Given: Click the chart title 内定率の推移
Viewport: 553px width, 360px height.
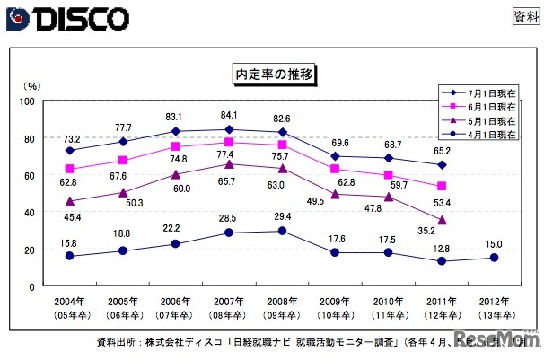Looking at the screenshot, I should click(275, 72).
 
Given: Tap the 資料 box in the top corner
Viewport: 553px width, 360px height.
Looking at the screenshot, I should click(524, 16).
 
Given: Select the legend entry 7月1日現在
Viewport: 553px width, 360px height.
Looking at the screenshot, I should click(486, 92).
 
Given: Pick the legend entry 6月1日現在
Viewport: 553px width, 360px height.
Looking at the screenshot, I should click(486, 106).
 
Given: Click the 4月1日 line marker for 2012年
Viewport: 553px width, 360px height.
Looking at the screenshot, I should click(494, 258).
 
